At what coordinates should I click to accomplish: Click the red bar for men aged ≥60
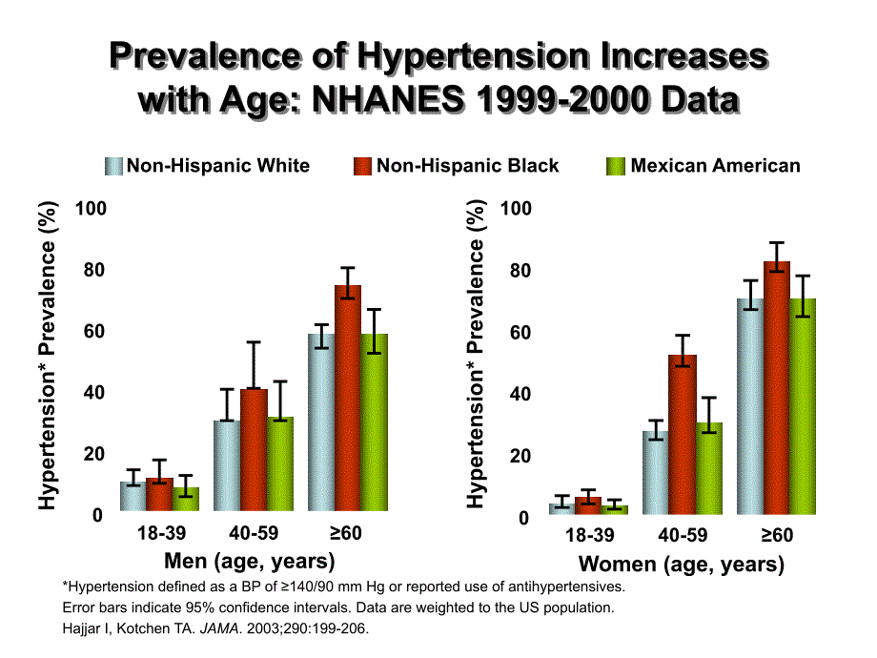(347, 401)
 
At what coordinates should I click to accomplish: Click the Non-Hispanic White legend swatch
(114, 166)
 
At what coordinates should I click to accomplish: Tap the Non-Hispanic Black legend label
(467, 166)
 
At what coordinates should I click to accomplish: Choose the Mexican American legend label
(715, 166)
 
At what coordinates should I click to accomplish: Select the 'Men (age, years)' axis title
(250, 560)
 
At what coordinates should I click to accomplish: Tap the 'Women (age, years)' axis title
(682, 565)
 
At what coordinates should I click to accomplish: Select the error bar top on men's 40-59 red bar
(254, 342)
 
